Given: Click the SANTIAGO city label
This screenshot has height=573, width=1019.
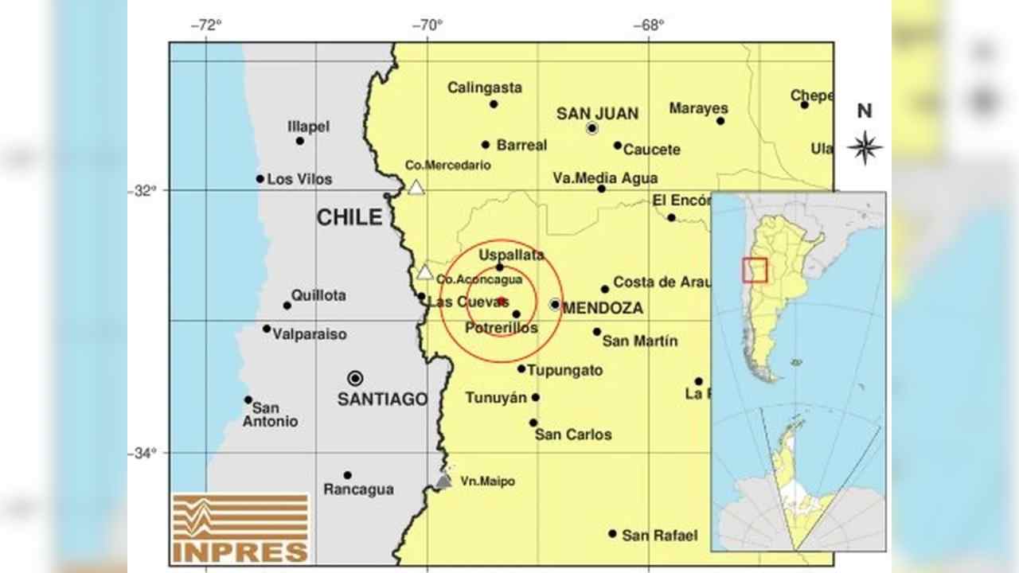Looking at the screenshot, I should pos(382,399).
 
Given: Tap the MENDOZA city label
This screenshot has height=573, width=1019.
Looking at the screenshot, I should pos(603,308).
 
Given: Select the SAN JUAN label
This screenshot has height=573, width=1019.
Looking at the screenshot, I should pos(597,114).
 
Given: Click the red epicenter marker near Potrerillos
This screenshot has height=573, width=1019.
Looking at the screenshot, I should pos(502,300).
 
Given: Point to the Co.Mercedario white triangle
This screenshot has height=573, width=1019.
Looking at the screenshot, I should pos(416,188).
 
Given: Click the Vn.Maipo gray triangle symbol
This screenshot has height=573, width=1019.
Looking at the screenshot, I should pos(443,480).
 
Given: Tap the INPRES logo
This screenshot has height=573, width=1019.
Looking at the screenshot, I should pos(240,528).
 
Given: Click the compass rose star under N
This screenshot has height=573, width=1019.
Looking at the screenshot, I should pos(865,147).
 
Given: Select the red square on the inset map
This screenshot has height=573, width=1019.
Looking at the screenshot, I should pos(754,270).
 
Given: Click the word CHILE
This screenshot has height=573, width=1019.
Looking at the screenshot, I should pos(349,217).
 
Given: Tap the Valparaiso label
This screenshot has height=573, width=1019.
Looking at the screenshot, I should pos(310,334).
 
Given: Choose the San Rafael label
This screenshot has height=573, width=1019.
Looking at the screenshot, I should pos(660,536).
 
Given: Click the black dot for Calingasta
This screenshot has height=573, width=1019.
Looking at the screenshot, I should pos(494,104).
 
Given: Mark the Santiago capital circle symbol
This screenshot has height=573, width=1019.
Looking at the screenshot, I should pos(355,378).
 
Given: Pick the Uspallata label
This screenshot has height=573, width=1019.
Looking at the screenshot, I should pos(511,255).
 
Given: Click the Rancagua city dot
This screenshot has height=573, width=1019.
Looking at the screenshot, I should pos(348,475).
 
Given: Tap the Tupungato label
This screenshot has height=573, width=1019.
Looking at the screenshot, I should pos(565,370).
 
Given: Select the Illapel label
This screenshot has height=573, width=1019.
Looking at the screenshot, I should pos(309,127).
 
